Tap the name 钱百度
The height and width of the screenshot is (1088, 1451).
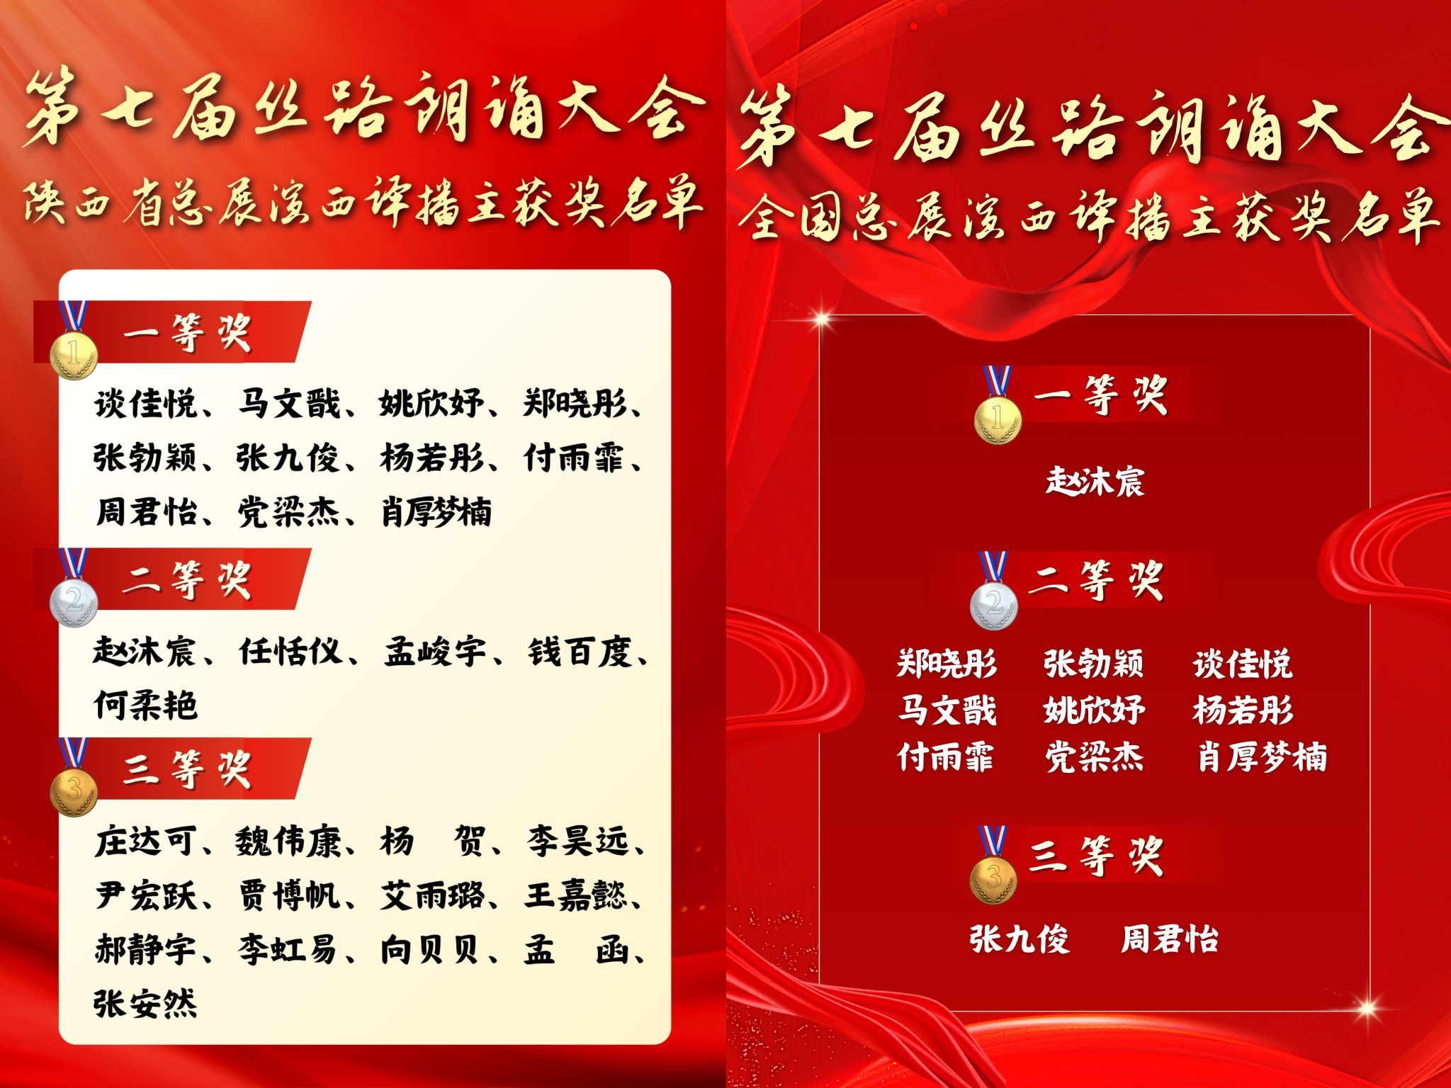pos(580,652)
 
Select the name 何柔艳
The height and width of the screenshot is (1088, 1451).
pos(145,705)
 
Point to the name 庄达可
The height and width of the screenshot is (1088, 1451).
pos(145,841)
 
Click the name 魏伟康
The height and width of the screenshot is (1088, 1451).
pos(288,841)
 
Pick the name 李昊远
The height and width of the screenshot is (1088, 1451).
pos(577,841)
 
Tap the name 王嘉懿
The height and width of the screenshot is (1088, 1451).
pos(576,895)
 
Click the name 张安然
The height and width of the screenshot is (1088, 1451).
pos(145,1003)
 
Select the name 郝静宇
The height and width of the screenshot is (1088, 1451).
pos(145,949)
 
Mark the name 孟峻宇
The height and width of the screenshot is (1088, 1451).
pos(435,652)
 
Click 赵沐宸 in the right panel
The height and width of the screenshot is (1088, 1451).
pos(1095,482)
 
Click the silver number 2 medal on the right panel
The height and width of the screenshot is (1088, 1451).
pos(994,604)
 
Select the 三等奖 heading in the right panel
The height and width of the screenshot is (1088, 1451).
pos(1097,856)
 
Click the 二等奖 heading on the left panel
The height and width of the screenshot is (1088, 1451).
pos(187,579)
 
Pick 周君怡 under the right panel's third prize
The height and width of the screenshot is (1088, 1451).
pos(1170,939)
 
